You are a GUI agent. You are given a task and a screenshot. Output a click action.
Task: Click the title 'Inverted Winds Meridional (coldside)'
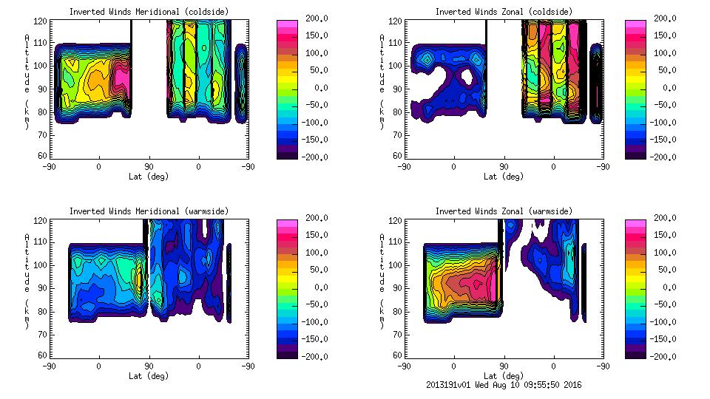pos(149,12)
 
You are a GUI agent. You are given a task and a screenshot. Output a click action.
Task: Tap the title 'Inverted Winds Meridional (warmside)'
pos(149,211)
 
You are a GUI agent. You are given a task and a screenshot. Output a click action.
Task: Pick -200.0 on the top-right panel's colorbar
pos(666,157)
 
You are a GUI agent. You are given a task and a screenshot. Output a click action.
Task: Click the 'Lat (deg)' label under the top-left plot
pos(149,176)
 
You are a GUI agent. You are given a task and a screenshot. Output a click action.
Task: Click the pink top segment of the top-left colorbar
pos(287,24)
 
